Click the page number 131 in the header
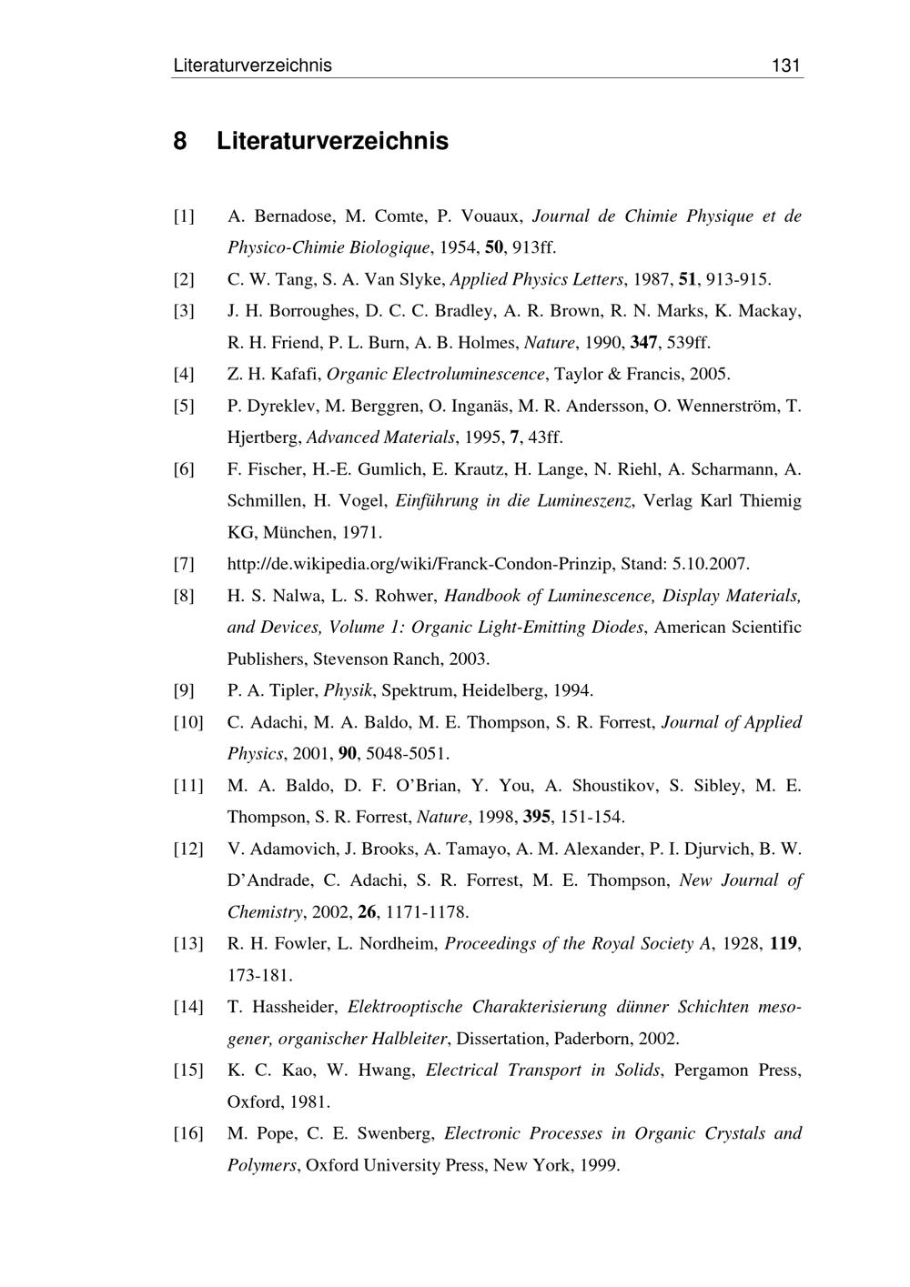(x=785, y=65)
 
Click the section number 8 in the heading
(x=180, y=142)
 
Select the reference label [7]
(x=184, y=565)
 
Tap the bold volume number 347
(x=644, y=343)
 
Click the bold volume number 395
(x=537, y=817)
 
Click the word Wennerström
(x=726, y=407)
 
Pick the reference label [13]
(x=188, y=944)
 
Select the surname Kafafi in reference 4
(x=293, y=375)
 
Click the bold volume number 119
(x=784, y=944)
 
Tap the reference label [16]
(x=188, y=1134)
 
